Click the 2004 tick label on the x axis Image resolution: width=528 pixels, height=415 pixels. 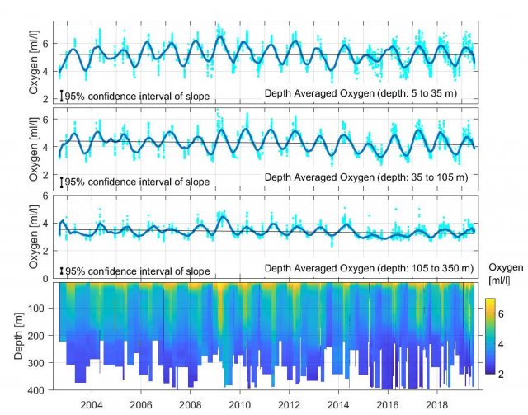click(92, 405)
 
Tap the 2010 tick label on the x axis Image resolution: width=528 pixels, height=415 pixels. click(240, 405)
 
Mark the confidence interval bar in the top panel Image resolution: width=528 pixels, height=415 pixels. click(61, 96)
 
